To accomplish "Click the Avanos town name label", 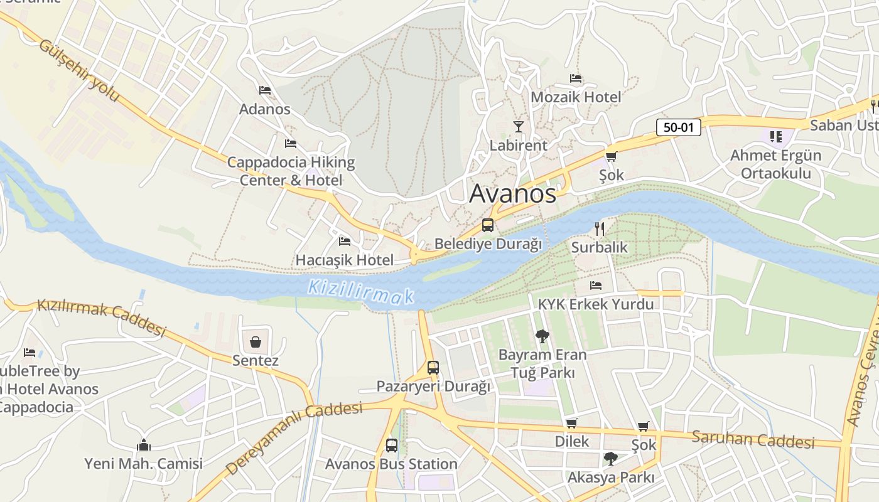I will (512, 194).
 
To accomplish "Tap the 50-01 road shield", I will (678, 127).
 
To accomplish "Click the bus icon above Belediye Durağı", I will (488, 225).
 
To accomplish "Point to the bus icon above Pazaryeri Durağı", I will (433, 368).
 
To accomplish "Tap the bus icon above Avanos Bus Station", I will (391, 446).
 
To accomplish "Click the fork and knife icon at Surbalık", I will (599, 228).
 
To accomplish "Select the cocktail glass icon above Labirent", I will (518, 127).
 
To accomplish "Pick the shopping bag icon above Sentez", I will (256, 342).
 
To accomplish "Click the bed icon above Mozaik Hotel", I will (576, 78).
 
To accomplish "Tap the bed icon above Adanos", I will (265, 90).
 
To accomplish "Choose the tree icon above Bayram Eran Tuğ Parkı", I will (542, 336).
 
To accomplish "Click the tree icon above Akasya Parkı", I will (610, 459).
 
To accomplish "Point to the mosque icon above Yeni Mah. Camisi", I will (144, 445).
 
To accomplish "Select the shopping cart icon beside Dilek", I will (571, 423).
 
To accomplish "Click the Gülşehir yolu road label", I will (79, 70).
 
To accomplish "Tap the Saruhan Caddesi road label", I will (753, 439).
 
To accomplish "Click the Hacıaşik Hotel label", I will (345, 260).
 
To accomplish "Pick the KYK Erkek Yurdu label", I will (595, 304).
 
